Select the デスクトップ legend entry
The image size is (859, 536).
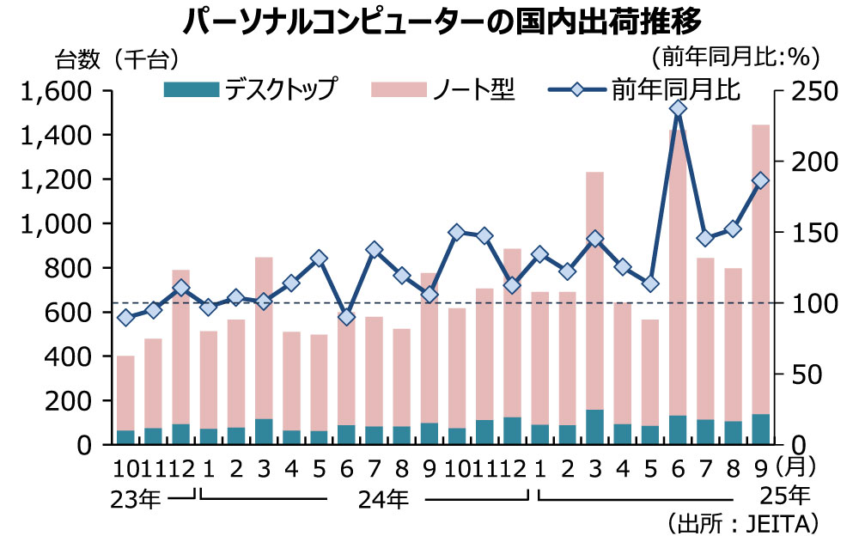click(x=249, y=88)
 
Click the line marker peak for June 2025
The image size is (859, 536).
click(x=678, y=108)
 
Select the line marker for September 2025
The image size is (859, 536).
click(x=760, y=180)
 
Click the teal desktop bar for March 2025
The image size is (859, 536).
click(x=595, y=427)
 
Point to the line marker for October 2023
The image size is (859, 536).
click(x=126, y=318)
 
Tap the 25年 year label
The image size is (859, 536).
click(x=786, y=495)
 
